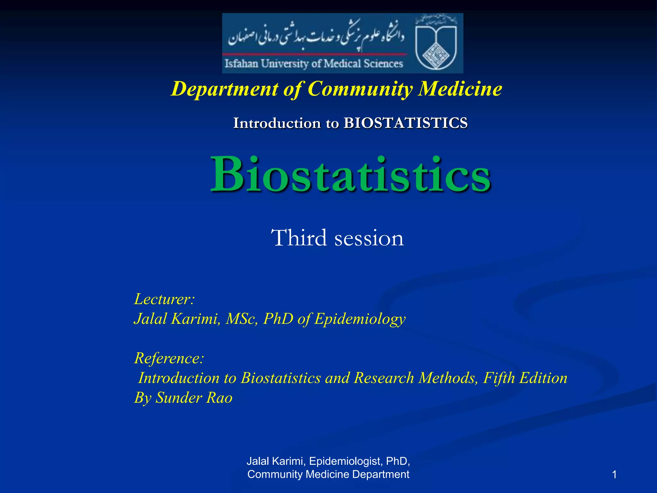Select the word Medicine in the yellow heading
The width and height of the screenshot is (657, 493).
tap(460, 89)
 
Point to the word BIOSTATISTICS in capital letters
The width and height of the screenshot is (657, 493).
tap(405, 123)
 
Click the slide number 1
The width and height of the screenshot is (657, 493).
tap(614, 474)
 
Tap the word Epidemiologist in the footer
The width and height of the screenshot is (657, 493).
tap(345, 461)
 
